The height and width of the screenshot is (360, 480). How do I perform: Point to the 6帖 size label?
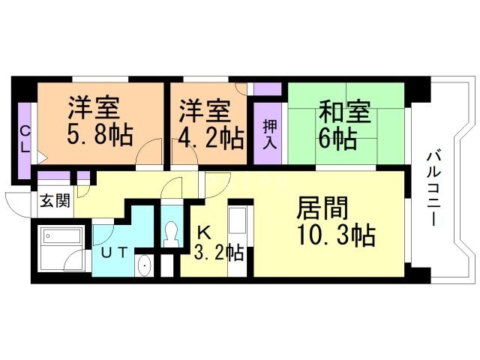(337, 138)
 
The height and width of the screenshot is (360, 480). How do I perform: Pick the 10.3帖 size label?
(336, 236)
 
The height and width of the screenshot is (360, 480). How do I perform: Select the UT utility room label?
(112, 253)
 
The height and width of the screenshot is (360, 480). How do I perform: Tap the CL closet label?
(25, 139)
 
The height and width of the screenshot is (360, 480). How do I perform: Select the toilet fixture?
(171, 232)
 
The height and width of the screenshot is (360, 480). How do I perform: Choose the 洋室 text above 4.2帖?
(203, 112)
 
